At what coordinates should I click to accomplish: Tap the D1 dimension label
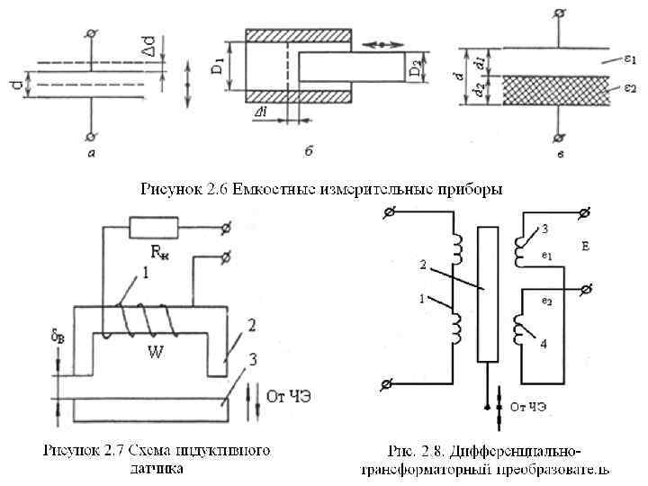point(217,66)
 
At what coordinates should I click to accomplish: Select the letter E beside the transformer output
point(585,244)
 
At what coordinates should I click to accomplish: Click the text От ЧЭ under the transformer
point(528,407)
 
